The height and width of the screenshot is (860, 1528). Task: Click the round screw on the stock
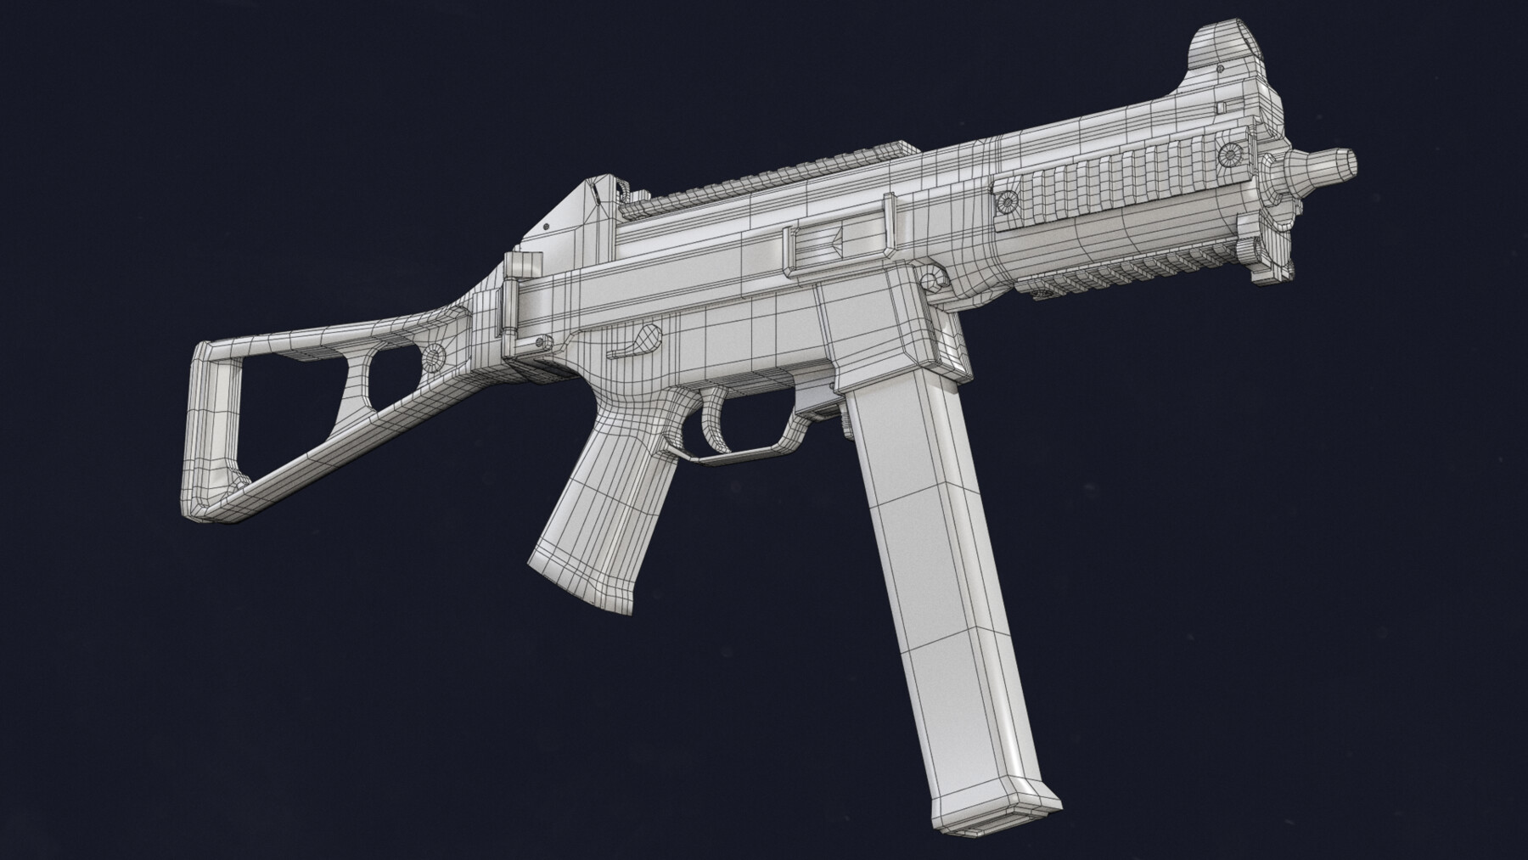coord(435,358)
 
